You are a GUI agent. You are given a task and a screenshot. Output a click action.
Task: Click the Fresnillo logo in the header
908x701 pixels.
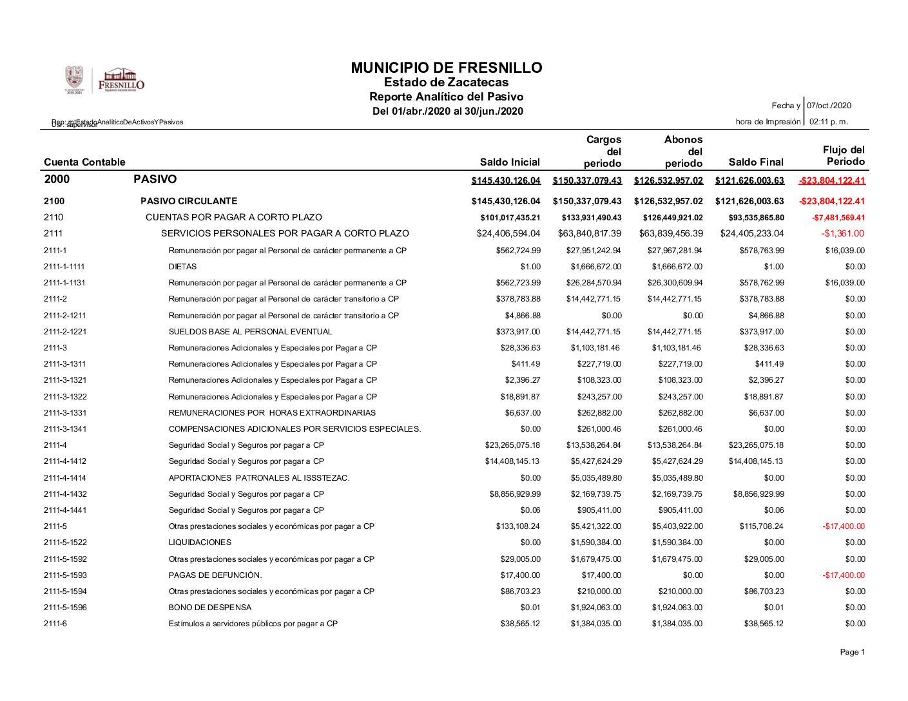point(121,81)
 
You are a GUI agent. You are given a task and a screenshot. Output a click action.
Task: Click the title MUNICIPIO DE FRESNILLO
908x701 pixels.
point(446,68)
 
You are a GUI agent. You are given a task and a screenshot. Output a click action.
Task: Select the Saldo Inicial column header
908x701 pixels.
point(510,162)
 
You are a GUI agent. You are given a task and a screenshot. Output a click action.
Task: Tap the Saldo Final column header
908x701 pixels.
point(756,162)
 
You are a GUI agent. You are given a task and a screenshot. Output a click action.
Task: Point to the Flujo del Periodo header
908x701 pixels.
point(845,155)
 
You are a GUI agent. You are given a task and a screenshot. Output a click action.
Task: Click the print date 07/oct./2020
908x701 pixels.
point(830,106)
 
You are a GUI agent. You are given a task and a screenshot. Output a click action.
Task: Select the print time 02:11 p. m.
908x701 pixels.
point(829,122)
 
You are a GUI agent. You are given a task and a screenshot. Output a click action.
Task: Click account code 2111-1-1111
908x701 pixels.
point(64,267)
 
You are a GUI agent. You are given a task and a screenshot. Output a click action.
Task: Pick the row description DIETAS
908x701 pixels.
point(182,267)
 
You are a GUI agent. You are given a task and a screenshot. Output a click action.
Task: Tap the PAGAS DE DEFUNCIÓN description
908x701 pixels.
point(215,575)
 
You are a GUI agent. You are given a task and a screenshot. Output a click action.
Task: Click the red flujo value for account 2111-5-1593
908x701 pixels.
point(844,575)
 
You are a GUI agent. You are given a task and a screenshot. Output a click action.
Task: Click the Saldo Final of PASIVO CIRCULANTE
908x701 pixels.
point(749,201)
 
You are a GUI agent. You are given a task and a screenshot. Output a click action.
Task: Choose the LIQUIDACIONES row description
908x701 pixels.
point(200,543)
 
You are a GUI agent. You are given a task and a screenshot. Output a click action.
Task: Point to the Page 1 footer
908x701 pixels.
point(852,652)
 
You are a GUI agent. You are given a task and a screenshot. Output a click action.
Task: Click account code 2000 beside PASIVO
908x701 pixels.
point(57,179)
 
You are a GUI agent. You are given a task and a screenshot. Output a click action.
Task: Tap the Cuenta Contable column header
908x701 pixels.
point(84,162)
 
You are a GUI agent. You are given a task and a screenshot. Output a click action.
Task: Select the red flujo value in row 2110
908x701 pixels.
point(838,218)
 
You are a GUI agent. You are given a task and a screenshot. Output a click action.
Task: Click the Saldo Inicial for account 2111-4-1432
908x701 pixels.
point(515,494)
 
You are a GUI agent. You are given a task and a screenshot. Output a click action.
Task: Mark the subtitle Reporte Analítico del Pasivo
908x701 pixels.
point(446,97)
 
